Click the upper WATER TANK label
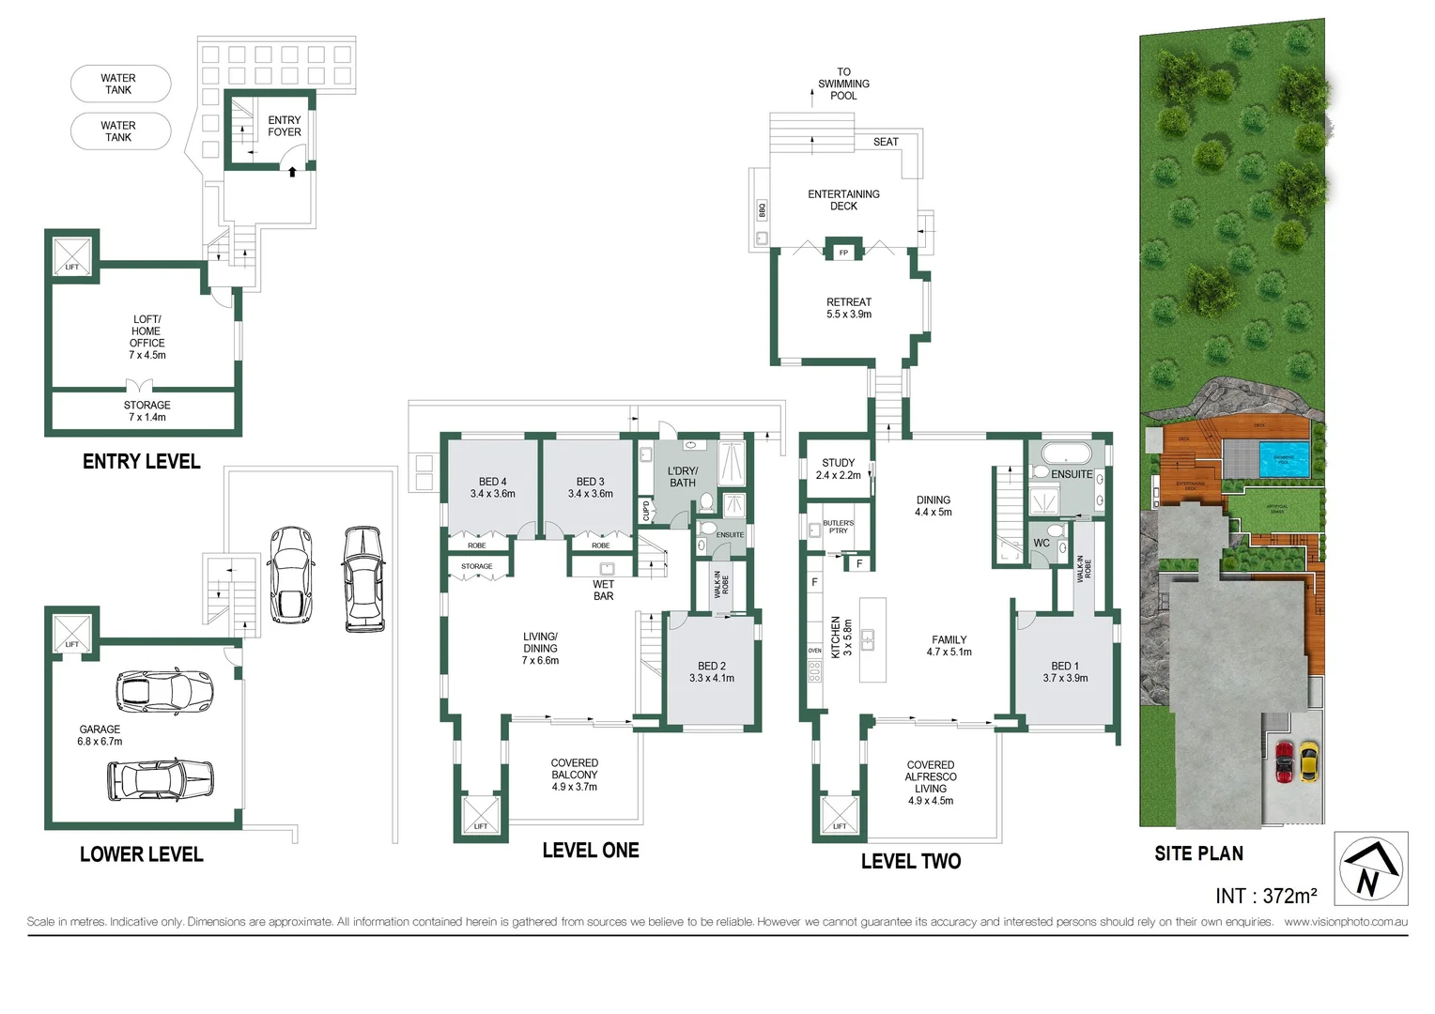118,84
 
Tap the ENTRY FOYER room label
284,126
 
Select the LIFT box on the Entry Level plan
71,255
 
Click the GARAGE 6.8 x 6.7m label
100,735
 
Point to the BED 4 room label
492,487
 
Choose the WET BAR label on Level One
603,590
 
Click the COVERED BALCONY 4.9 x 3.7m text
574,775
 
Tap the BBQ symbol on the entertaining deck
762,210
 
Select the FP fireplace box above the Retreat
843,253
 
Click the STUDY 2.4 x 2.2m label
838,469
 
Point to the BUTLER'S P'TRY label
838,527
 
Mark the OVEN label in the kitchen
814,651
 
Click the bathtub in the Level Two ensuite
1065,453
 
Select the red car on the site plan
1284,761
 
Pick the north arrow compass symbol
1370,868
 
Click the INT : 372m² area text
1265,896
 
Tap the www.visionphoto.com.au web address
1345,922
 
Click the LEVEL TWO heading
910,861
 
